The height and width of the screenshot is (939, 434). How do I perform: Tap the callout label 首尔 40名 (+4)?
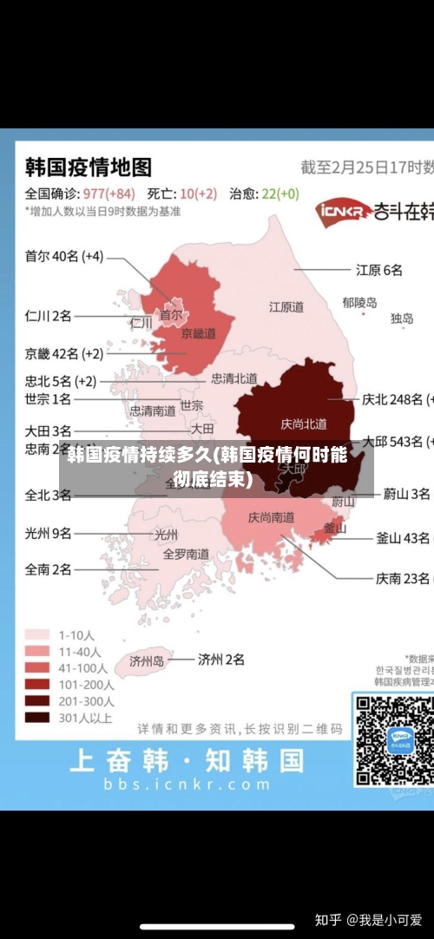[63, 256]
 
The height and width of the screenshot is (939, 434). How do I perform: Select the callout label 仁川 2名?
[49, 315]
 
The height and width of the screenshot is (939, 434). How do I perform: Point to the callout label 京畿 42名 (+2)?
[63, 353]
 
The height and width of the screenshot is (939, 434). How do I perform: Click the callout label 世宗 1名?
[49, 399]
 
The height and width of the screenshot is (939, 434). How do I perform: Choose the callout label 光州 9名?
[49, 534]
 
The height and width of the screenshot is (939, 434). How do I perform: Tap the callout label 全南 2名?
[49, 569]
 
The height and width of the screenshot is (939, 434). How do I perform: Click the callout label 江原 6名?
[379, 270]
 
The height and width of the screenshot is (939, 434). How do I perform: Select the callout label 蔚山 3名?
[406, 494]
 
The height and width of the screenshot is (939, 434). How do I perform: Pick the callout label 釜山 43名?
[404, 538]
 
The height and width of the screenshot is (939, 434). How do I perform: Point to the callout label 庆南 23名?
[402, 577]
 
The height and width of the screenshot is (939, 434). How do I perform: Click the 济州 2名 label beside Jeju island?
[221, 660]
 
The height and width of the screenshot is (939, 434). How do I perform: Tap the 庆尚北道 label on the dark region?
[304, 424]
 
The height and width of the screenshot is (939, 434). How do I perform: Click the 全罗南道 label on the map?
[187, 553]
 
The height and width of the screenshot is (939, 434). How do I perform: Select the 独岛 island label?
[402, 318]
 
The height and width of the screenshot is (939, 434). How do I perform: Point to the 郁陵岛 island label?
[359, 303]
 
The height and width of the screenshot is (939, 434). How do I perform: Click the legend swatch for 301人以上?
[36, 718]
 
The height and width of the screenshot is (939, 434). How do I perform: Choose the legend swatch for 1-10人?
[36, 634]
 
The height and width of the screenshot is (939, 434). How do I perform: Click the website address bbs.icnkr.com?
[187, 784]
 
